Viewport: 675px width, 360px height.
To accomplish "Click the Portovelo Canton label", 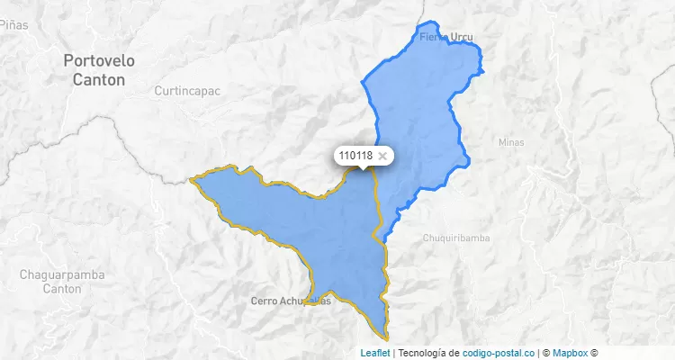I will (x=99, y=69).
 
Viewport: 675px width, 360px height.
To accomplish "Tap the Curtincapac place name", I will (x=187, y=91).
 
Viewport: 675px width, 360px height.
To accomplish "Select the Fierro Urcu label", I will (x=446, y=38).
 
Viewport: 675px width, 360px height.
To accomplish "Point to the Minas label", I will (x=511, y=142).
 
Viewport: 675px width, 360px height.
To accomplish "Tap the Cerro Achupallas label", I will (x=291, y=301).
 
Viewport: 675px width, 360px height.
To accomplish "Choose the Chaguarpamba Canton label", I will (x=63, y=281).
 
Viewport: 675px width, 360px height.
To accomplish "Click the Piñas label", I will (x=13, y=24).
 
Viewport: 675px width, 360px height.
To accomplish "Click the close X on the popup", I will (x=382, y=156).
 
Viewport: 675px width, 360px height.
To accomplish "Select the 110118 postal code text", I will (x=355, y=156).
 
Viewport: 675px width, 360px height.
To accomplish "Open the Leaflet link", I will (x=375, y=353).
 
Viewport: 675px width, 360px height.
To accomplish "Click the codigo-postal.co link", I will (x=498, y=353).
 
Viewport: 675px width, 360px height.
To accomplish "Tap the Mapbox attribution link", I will (x=569, y=353).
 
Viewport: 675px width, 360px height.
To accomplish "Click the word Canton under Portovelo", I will (x=99, y=79).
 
